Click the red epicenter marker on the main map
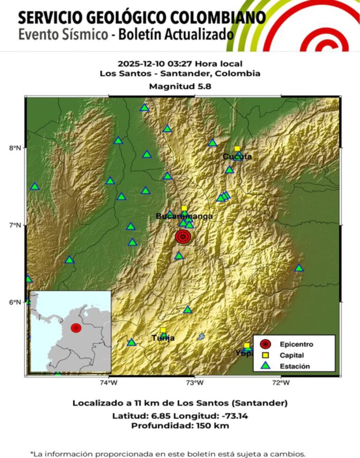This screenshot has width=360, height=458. (x=183, y=237)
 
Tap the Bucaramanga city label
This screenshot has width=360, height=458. (x=184, y=216)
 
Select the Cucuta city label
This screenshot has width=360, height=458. (x=237, y=156)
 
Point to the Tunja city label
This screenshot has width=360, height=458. (x=163, y=338)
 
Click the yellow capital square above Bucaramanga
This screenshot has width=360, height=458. (x=184, y=208)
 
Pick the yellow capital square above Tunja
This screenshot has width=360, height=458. (x=163, y=330)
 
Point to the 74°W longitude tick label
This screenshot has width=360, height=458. (x=109, y=383)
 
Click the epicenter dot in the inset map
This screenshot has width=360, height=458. (x=76, y=328)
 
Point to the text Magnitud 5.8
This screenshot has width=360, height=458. (x=180, y=86)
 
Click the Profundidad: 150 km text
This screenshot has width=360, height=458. (x=180, y=426)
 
